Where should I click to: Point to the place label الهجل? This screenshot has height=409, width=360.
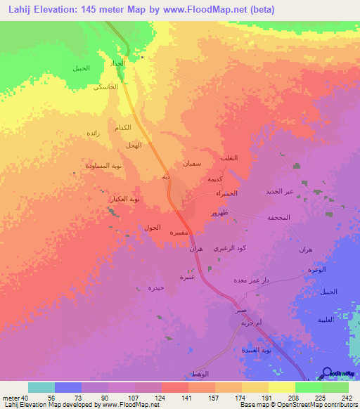pyautogui.click(x=133, y=145)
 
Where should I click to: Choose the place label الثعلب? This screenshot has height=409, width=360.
pyautogui.click(x=230, y=158)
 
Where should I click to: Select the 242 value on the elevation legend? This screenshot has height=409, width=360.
pyautogui.click(x=347, y=397)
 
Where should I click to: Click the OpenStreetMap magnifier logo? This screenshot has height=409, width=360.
pyautogui.click(x=327, y=374)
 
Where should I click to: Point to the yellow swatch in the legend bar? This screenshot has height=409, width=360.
pyautogui.click(x=282, y=387)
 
